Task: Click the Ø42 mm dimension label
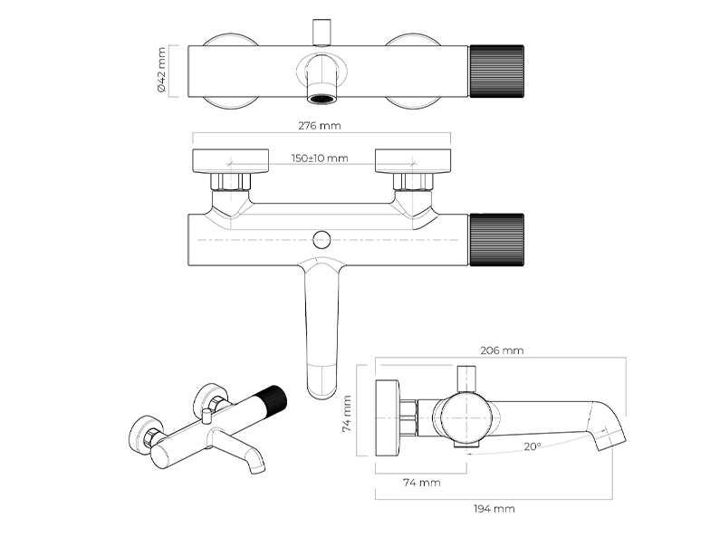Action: [x=161, y=71]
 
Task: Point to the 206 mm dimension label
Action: [x=503, y=350]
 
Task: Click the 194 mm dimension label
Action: [x=494, y=509]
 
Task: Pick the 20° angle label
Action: [x=532, y=446]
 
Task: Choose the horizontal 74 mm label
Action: [x=421, y=483]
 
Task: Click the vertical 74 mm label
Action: [x=347, y=414]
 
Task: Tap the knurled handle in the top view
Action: [x=495, y=71]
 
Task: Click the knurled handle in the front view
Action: [x=496, y=240]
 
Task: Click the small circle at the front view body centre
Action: [x=319, y=239]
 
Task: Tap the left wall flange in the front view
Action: [x=231, y=159]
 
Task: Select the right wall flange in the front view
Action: [x=412, y=159]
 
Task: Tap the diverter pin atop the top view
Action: [x=320, y=32]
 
